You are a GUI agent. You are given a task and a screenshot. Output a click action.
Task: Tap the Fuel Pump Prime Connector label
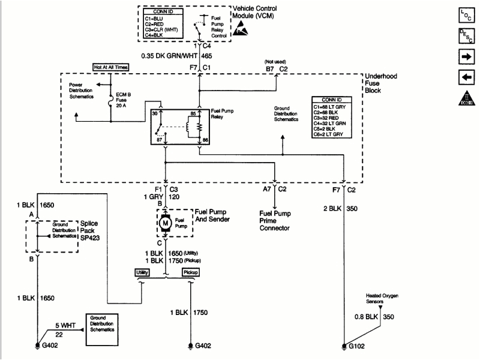[x=275, y=220]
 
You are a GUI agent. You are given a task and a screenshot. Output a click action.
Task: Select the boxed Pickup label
[x=191, y=272]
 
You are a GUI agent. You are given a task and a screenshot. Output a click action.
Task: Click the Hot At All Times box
[x=110, y=68]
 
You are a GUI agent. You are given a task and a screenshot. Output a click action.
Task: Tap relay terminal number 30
[x=155, y=112]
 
